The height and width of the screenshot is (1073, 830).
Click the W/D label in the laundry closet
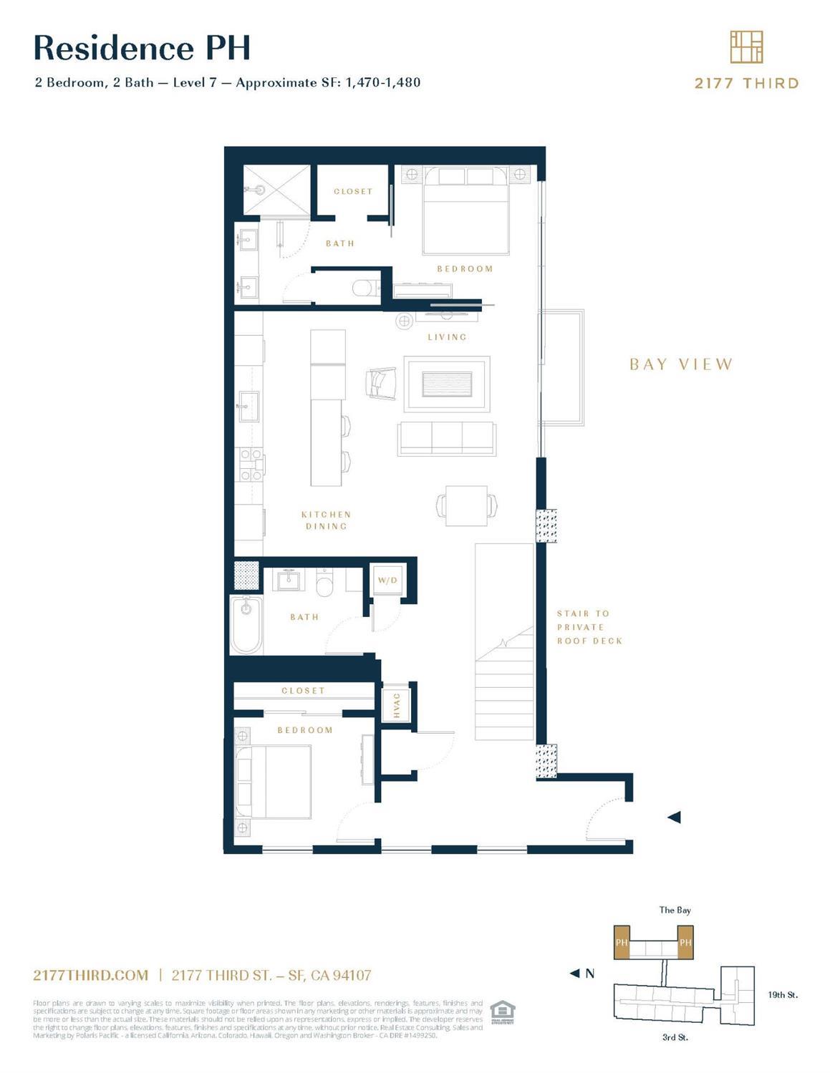387,580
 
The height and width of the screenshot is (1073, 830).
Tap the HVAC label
397,705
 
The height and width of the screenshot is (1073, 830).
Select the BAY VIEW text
681,364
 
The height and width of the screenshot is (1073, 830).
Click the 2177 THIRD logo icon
746,47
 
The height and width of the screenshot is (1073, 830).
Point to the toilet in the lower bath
326,583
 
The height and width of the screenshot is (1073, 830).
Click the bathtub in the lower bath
246,625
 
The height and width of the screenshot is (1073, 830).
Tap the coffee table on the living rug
447,384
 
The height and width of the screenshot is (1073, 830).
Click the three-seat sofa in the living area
447,438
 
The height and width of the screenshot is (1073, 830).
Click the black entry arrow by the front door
674,817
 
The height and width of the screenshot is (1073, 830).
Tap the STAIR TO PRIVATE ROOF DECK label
589,627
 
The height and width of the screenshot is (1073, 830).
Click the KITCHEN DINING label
326,520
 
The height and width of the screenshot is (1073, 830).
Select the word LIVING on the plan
447,336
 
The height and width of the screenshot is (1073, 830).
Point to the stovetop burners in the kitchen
250,465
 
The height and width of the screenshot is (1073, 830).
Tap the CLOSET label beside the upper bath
353,191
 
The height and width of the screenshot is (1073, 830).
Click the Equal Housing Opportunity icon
503,1011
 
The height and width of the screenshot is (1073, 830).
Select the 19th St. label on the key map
782,994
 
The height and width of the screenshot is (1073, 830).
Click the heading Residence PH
142,48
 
